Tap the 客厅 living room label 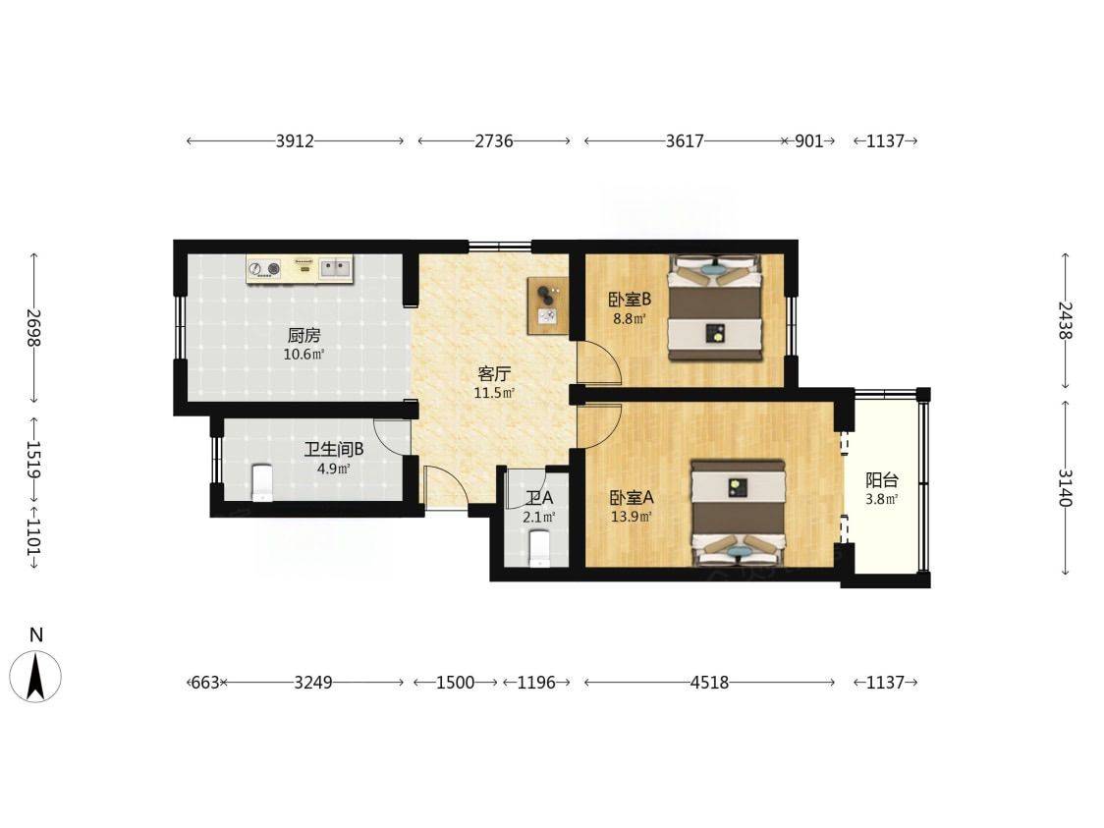pos(494,374)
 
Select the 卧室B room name pos(630,300)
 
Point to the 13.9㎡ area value pos(631,517)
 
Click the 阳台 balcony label pos(881,481)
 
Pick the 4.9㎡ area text pos(334,469)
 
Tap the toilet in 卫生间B pos(262,482)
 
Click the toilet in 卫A pos(538,549)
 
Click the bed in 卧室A pos(738,514)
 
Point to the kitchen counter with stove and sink pos(300,270)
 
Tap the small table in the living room pos(548,305)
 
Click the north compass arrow pos(35,676)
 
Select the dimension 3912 pos(295,140)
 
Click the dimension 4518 pos(709,683)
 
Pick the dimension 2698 pos(33,328)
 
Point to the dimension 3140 pos(1065,488)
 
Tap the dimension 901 pos(809,140)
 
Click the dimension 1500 pos(455,683)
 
